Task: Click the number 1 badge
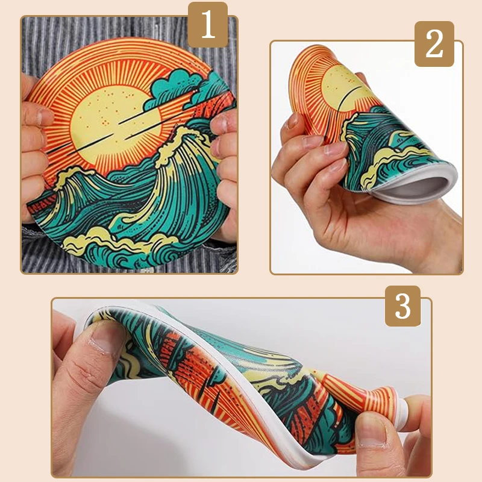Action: point(208,25)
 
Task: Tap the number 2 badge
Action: point(434,43)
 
